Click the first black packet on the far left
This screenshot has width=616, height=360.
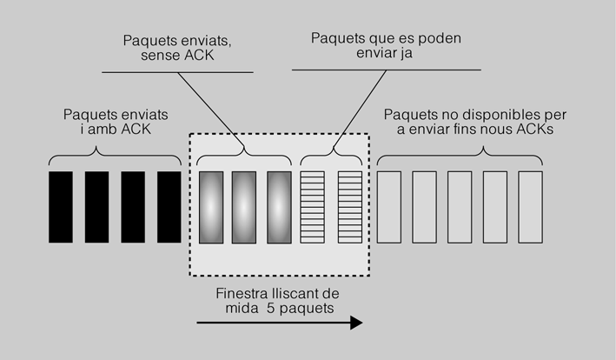(x=61, y=207)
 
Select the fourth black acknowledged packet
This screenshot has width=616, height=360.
(x=168, y=207)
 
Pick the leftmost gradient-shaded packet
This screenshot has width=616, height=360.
(x=211, y=207)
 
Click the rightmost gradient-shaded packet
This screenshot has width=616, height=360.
(x=279, y=207)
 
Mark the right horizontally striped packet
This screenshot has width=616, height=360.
(x=349, y=207)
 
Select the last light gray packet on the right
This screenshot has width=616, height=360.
(x=530, y=207)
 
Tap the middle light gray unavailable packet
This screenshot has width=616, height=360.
(x=459, y=207)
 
